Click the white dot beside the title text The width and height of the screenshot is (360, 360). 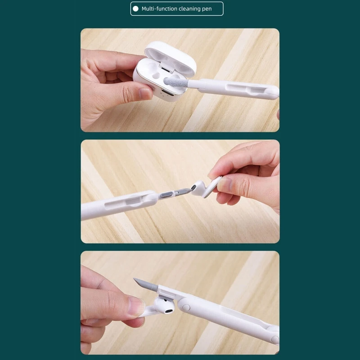(135, 9)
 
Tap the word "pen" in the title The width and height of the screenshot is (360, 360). (206, 9)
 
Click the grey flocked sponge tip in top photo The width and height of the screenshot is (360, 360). (175, 82)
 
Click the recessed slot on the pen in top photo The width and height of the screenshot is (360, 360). (245, 89)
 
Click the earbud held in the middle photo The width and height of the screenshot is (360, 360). (206, 188)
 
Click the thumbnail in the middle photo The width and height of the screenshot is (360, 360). (225, 185)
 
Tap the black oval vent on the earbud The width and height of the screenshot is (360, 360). (169, 311)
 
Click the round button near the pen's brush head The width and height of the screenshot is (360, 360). (186, 307)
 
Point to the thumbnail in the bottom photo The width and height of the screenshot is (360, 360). (136, 306)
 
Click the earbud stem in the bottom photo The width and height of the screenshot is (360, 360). (148, 311)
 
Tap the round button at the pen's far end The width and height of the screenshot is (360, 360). (274, 339)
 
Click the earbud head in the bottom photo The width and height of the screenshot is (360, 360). (164, 306)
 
